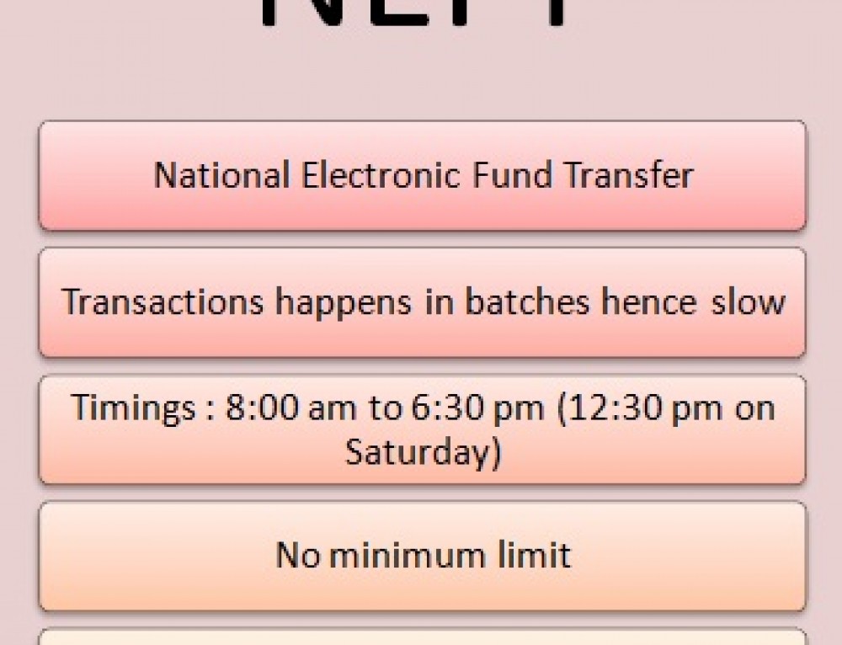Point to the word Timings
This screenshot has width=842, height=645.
point(132,409)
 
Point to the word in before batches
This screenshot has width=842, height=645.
point(440,301)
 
